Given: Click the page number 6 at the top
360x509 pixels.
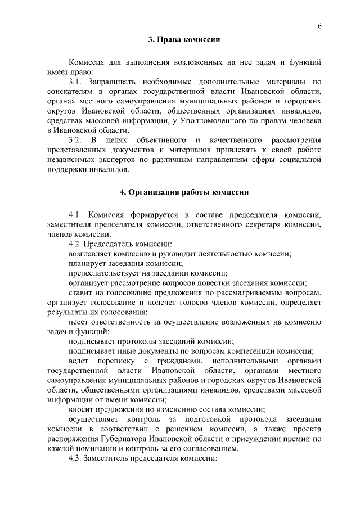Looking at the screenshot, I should coord(319,26).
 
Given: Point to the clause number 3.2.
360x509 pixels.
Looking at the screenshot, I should coord(75,139).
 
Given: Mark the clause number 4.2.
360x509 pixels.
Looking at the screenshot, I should coord(75,244).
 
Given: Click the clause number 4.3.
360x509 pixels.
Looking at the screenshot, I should coord(75,459).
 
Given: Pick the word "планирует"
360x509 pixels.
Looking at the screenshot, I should coord(87,263).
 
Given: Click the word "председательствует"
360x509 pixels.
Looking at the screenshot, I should coord(103,273).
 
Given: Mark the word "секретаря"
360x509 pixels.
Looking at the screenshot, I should coord(254,224).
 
